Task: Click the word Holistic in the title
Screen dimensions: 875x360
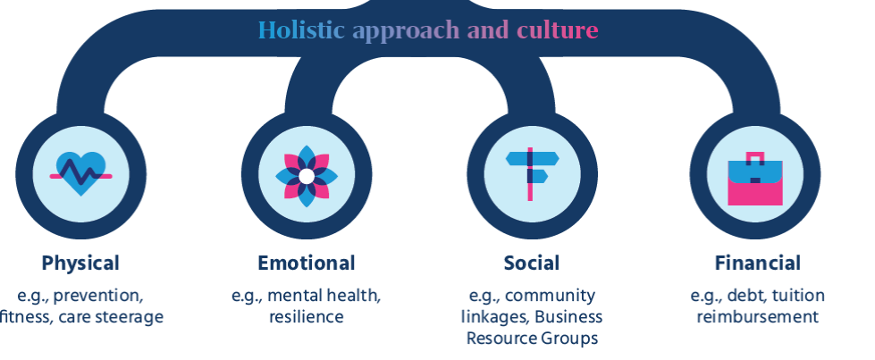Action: click(x=301, y=30)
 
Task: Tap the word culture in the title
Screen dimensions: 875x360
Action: click(x=558, y=30)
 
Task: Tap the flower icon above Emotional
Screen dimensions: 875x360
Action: click(x=307, y=176)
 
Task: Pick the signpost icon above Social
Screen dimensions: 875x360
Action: click(x=532, y=173)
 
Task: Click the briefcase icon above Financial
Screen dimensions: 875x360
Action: click(x=755, y=179)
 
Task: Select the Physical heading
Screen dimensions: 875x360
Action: click(x=80, y=263)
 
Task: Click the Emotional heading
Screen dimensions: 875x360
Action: click(x=307, y=263)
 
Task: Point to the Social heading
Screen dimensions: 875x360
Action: click(x=532, y=263)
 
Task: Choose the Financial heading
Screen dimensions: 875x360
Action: click(x=758, y=263)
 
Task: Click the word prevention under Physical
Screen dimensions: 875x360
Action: click(x=98, y=296)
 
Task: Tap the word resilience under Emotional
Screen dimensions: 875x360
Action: click(x=307, y=317)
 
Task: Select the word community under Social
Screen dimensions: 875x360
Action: click(x=551, y=296)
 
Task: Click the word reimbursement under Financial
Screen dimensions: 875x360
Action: click(x=758, y=317)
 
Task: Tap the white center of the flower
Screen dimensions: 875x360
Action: click(x=307, y=176)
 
